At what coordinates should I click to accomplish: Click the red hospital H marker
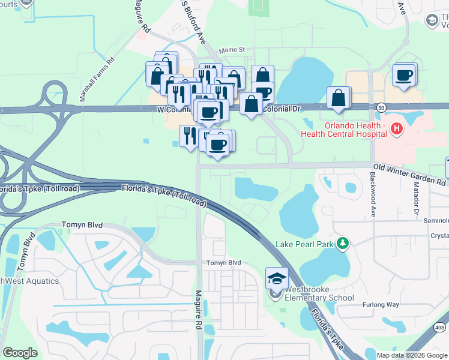tap(396, 128)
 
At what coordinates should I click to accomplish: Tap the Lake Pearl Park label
tap(304, 244)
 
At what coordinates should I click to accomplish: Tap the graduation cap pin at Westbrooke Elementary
tap(277, 278)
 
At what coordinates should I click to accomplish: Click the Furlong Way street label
tap(381, 305)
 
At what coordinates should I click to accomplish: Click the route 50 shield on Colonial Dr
tap(382, 107)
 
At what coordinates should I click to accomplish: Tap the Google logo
tap(20, 353)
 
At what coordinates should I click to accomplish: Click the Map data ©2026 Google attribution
tap(411, 355)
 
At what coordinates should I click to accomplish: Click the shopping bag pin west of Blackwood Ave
tap(339, 98)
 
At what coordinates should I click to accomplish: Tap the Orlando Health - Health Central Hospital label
tap(355, 130)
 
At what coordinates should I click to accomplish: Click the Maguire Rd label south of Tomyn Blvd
tap(198, 310)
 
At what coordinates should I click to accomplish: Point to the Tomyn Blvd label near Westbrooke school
tap(224, 263)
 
